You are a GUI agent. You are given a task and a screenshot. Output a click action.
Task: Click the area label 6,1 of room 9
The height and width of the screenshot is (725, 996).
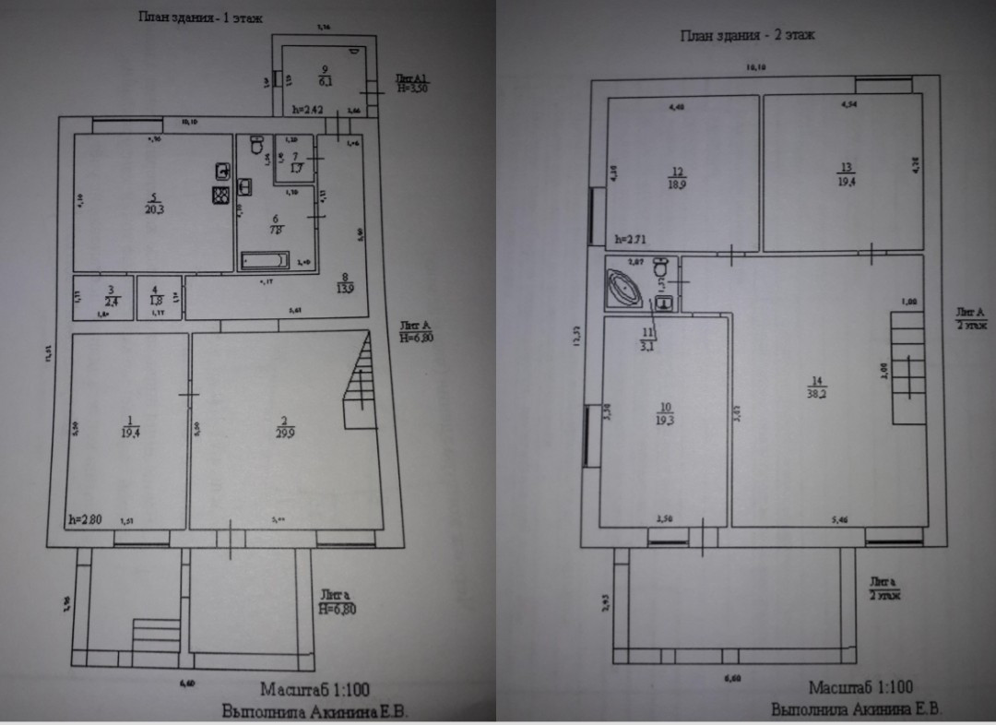[x=324, y=82]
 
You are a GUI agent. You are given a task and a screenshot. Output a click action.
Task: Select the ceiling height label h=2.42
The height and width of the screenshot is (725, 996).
[x=307, y=109]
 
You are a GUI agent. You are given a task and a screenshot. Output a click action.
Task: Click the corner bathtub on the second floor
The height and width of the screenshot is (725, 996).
[x=627, y=289]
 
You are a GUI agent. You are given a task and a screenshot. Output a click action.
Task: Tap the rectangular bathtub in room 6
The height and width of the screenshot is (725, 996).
[x=266, y=261]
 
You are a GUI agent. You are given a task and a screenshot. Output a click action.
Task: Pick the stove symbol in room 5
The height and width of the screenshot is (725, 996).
[x=221, y=196]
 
